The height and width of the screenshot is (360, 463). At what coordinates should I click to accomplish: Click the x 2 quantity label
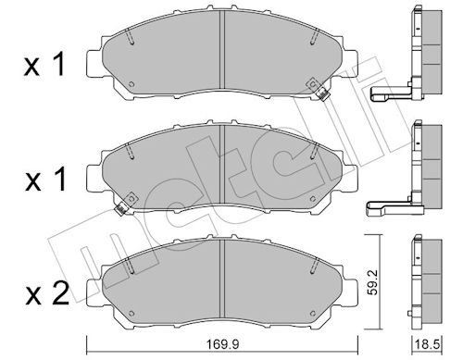click(x=46, y=294)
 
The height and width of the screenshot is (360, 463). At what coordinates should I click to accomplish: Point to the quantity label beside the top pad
click(x=44, y=65)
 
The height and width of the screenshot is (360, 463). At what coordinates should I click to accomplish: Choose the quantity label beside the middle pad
click(x=45, y=180)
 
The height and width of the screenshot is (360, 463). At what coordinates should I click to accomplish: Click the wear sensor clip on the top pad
click(x=322, y=93)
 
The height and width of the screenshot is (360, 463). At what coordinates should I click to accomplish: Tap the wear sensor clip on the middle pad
click(x=121, y=208)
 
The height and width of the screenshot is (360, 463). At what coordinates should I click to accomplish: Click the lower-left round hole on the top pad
click(x=131, y=84)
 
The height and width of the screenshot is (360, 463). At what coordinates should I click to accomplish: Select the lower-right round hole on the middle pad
click(x=312, y=198)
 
